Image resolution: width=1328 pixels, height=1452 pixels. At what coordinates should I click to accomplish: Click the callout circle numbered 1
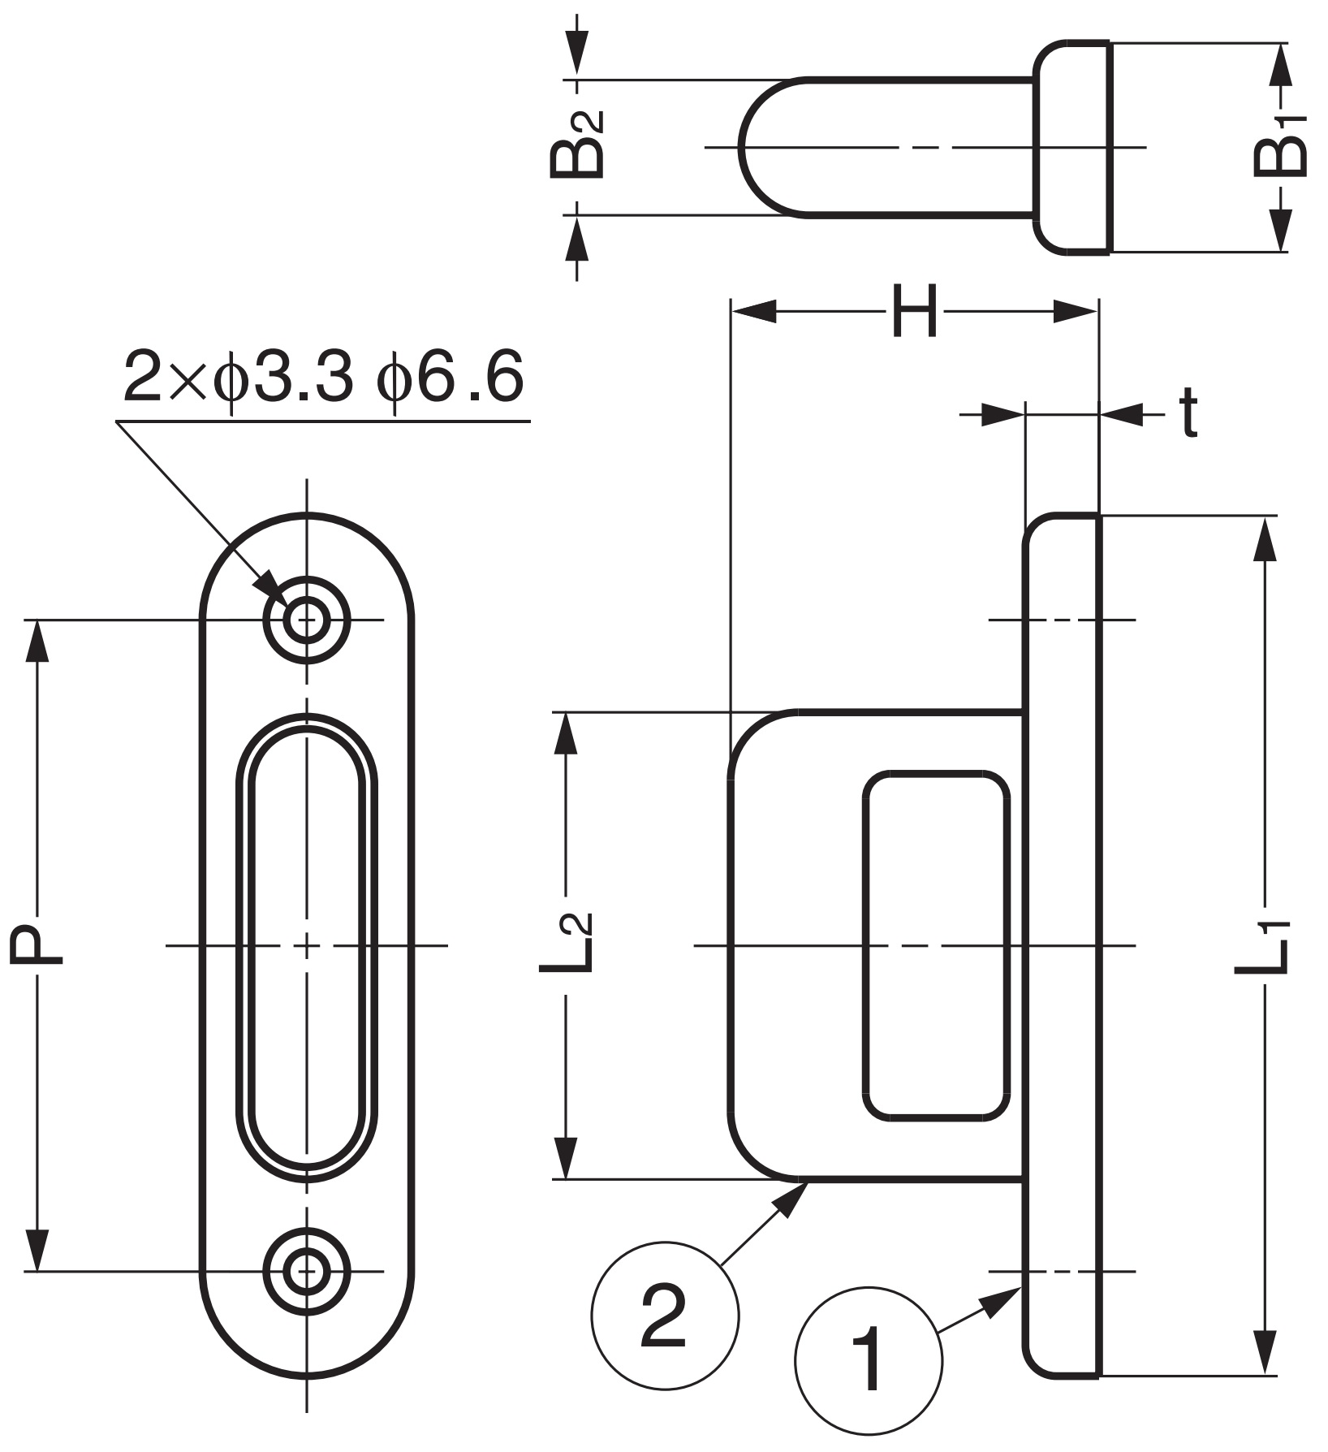coord(869,1359)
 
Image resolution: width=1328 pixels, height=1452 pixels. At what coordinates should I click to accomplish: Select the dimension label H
coord(914,310)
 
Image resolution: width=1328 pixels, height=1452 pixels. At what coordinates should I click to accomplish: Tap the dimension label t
coord(1188,413)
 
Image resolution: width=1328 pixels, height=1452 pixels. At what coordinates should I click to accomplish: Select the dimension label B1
coord(1282,147)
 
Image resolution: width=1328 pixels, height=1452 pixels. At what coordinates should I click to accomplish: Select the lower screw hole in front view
coord(307,1270)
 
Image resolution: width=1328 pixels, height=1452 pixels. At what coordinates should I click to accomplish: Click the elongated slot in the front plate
coord(307,945)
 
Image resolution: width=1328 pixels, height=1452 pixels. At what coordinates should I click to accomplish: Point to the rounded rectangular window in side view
coord(935,945)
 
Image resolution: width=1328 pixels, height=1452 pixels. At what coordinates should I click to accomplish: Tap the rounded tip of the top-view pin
coord(763,147)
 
